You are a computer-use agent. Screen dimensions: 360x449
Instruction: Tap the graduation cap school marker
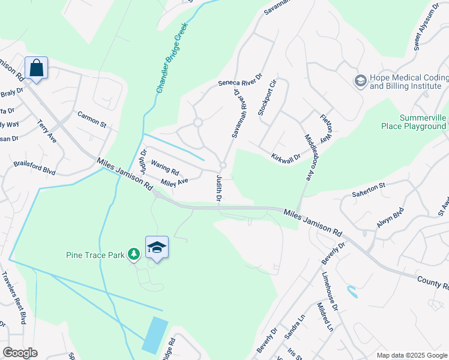tap(157, 247)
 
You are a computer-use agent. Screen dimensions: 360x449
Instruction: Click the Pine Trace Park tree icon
tap(133, 255)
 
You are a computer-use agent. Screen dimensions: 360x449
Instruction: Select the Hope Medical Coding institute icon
tap(360, 80)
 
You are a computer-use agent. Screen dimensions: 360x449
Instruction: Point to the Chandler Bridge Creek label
tap(172, 58)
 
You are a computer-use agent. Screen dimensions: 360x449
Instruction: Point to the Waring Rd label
tap(165, 167)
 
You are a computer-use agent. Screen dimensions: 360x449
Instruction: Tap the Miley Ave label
tap(174, 181)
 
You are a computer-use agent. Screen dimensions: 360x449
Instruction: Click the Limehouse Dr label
tap(330, 289)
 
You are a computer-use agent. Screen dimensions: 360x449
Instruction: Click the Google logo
tap(20, 353)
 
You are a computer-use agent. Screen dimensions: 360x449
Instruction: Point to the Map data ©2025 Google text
tap(411, 355)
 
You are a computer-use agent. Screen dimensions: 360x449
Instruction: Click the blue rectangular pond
tap(155, 335)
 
